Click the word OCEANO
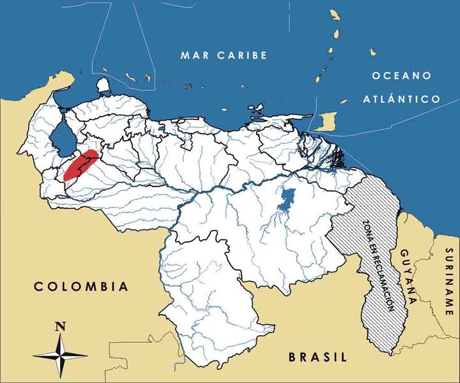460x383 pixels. point(401,76)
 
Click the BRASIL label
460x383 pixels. point(317,357)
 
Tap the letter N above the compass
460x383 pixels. point(61,326)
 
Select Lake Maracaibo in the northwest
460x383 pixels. point(62,137)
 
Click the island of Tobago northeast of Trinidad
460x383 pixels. point(344,101)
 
